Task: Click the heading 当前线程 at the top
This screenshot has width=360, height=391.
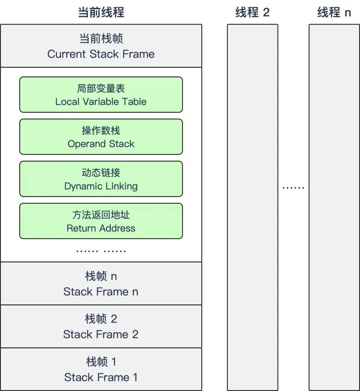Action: click(x=101, y=12)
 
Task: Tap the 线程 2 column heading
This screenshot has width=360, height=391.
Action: click(x=252, y=12)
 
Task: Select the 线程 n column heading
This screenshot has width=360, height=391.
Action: click(x=334, y=12)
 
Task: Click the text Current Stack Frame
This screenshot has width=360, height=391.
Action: click(x=101, y=54)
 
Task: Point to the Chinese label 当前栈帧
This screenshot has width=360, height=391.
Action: click(x=101, y=39)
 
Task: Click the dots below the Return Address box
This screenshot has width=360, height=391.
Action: click(x=101, y=251)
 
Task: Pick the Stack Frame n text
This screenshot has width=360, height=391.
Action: click(x=101, y=292)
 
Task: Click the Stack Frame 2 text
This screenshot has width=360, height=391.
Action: click(x=101, y=334)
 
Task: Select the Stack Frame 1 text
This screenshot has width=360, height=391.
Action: click(x=101, y=377)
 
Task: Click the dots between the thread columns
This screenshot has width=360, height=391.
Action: click(x=293, y=187)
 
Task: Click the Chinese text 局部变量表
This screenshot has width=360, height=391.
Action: click(x=101, y=89)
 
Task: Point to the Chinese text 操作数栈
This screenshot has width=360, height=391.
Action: click(x=101, y=131)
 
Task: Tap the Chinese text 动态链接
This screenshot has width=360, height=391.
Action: click(x=101, y=173)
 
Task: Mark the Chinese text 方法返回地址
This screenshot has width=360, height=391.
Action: click(x=101, y=215)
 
